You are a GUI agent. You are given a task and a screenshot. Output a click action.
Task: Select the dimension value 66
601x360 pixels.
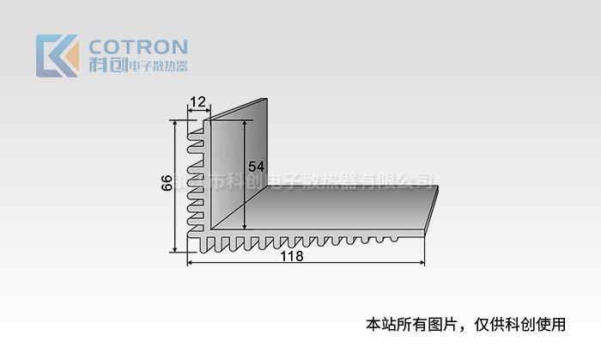167,184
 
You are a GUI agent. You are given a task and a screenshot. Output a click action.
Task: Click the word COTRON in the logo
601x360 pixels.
138,46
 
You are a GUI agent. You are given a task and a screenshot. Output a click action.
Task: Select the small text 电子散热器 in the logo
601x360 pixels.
157,65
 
